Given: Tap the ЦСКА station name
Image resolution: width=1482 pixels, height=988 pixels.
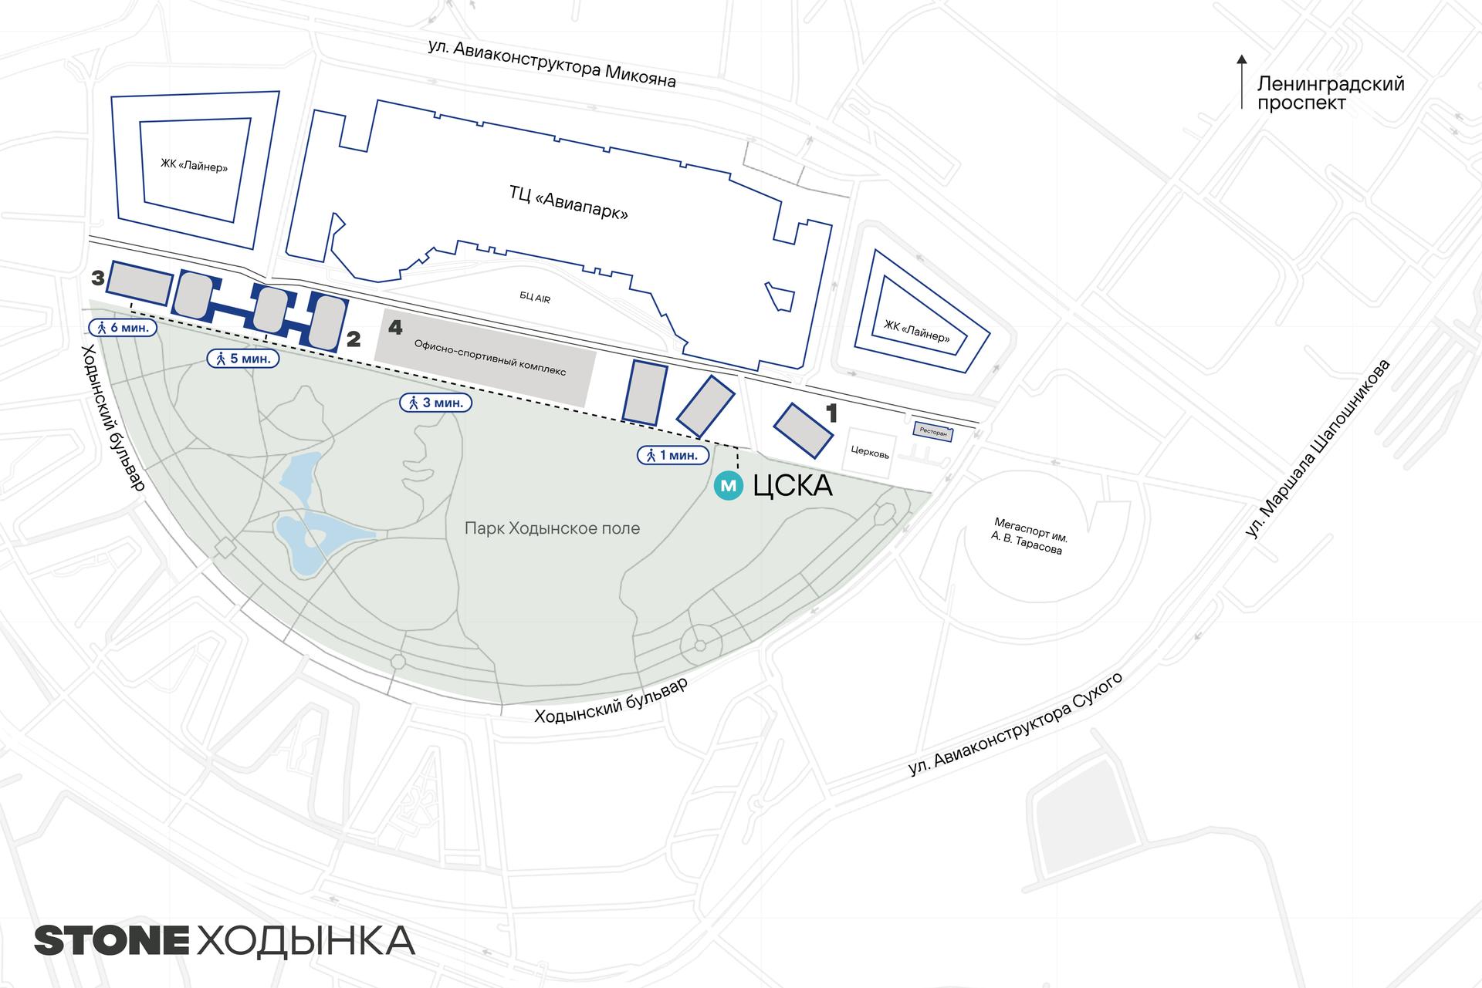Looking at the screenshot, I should click(x=792, y=487).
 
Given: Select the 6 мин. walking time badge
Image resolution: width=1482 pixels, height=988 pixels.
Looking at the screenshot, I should click(x=123, y=327).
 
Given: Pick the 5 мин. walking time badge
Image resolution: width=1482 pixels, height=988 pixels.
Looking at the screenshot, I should click(x=242, y=359).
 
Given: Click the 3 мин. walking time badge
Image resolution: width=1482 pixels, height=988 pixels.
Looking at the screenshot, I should click(x=435, y=402).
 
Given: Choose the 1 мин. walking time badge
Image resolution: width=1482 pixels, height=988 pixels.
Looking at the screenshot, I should click(x=672, y=455).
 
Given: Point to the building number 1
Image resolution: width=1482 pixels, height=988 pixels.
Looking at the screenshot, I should click(x=831, y=414).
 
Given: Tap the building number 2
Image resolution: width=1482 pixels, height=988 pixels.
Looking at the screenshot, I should click(x=354, y=339).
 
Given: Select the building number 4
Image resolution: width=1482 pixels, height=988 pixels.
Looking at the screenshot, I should click(x=395, y=327).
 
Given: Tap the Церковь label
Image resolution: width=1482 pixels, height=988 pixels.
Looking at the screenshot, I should click(x=870, y=453).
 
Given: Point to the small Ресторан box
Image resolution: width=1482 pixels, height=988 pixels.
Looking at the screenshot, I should click(x=933, y=433).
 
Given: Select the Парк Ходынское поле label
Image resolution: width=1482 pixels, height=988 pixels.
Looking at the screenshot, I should click(x=552, y=528).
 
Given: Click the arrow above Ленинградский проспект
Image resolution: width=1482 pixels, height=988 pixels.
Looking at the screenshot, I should click(x=1241, y=81).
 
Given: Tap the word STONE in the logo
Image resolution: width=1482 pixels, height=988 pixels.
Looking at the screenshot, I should click(x=112, y=941).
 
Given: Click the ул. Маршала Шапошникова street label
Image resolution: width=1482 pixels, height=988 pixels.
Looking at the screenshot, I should click(x=1317, y=448).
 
